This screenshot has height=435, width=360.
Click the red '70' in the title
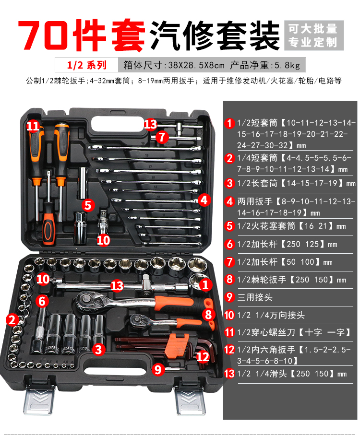[43, 35]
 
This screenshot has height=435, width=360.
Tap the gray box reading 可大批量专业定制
[314, 35]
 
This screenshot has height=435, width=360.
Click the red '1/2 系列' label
[86, 65]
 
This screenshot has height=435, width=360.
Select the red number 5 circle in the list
[229, 226]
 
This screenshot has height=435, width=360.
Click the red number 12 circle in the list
[229, 349]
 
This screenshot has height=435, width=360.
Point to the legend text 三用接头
[255, 297]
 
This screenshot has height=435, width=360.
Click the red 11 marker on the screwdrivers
[33, 126]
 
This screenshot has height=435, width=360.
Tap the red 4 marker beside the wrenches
[204, 200]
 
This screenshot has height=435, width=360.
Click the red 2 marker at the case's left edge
[12, 319]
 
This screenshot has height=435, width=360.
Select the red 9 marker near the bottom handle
[158, 369]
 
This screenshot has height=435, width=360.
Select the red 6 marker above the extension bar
[42, 301]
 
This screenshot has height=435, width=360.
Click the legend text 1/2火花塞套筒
[266, 226]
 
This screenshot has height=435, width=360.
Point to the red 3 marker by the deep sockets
[98, 349]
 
